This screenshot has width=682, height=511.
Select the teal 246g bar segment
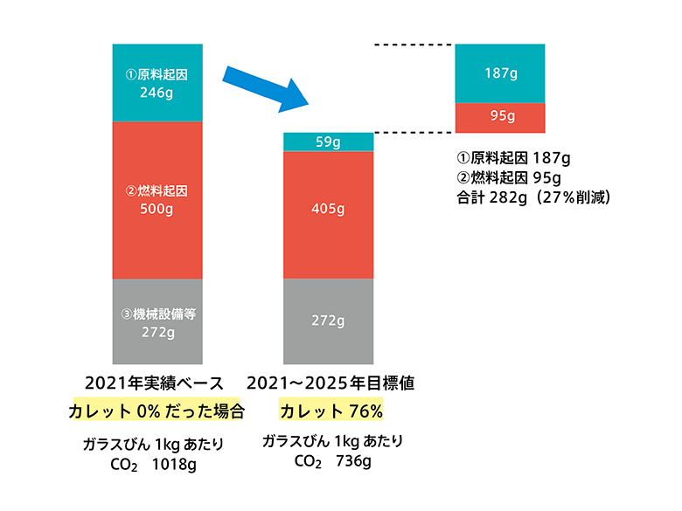[x=157, y=82]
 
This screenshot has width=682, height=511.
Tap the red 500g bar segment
[x=157, y=199]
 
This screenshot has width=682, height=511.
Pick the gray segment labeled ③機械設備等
[x=157, y=321]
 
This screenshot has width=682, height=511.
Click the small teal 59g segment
[x=329, y=142]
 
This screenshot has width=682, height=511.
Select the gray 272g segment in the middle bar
[x=329, y=321]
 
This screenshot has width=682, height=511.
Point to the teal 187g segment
[x=500, y=73]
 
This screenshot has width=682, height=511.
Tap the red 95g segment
[x=500, y=116]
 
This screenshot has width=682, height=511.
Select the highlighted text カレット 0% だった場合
[x=157, y=410]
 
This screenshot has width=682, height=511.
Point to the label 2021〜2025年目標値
[x=330, y=383]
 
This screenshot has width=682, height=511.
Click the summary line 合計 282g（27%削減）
[x=534, y=197]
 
